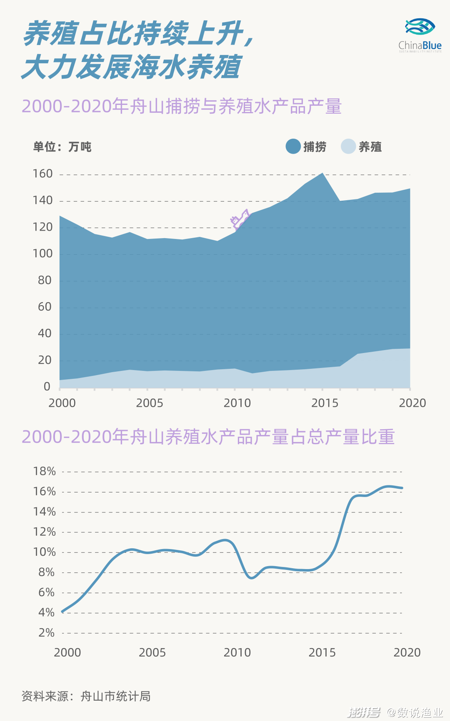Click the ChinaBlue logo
coord(420,35)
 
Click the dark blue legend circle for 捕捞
coord(293,146)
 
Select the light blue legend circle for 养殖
coord(348,146)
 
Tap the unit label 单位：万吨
coord(62,147)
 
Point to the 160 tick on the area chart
coord(43,174)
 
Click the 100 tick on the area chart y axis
coord(43,254)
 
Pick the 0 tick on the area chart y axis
coord(47,387)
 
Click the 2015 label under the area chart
coord(325,403)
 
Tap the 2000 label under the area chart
coord(62,403)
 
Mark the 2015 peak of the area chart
coord(322,173)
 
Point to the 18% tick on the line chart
coord(45,471)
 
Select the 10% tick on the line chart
coord(45,552)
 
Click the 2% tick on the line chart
coord(46,633)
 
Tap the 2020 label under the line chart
coord(407,652)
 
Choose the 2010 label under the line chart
coord(237,652)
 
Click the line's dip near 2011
coord(252,577)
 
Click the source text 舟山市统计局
coord(115,696)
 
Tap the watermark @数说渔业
coord(415,712)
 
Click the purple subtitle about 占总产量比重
coord(208,437)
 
